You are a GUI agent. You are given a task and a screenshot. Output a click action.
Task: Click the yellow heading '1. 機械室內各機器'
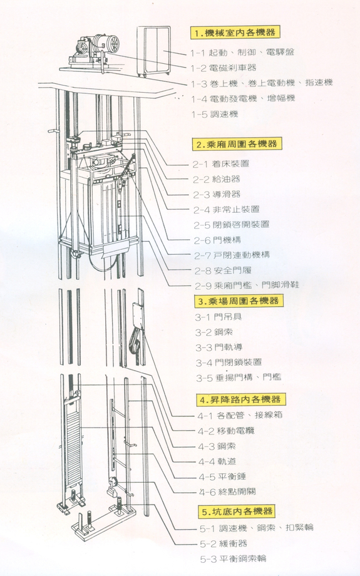coord(235,32)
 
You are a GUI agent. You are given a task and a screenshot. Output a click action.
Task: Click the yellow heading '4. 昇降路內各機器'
coord(240,399)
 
